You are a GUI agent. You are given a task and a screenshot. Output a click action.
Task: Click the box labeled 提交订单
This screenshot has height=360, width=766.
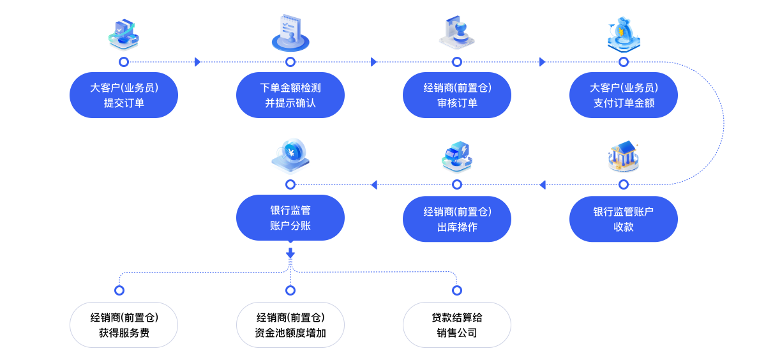(x=124, y=95)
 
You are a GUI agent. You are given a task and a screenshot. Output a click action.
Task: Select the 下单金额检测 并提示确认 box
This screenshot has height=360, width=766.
(x=290, y=95)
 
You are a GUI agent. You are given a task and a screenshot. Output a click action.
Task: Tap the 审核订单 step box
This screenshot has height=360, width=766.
(x=457, y=95)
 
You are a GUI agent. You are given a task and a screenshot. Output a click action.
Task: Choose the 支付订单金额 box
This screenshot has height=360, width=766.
(x=624, y=95)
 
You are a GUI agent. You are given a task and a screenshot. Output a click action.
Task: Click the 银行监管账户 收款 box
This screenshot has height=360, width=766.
(x=624, y=219)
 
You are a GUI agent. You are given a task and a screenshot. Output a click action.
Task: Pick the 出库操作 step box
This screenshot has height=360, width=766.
(x=457, y=219)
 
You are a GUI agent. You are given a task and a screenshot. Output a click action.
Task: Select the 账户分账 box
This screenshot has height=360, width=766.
(x=290, y=218)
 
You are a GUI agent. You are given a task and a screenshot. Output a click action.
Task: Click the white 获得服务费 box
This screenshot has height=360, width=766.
(x=124, y=325)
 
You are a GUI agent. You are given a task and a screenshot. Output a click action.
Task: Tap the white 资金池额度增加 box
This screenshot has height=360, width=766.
(x=290, y=325)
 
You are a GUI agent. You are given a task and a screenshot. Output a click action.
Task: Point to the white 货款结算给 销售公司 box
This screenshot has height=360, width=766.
(x=457, y=325)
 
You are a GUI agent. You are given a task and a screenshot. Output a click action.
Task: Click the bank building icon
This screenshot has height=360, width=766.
(x=624, y=156)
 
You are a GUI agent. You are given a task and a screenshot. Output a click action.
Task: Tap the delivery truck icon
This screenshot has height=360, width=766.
(x=457, y=157)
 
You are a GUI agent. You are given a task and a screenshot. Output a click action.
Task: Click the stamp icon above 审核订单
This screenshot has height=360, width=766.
(x=457, y=33)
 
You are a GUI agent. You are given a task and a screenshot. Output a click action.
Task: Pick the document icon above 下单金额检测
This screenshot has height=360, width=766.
(x=290, y=33)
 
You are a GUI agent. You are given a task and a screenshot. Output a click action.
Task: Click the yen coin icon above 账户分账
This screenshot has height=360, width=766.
(x=290, y=156)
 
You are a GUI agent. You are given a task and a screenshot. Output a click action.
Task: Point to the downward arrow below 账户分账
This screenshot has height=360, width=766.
(x=290, y=254)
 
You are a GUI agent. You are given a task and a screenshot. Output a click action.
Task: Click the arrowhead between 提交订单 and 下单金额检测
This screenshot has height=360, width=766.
(x=198, y=62)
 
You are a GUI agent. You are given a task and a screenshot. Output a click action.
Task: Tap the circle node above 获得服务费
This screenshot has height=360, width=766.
(x=119, y=290)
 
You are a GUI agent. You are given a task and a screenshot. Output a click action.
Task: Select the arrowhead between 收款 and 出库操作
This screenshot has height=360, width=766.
(x=543, y=185)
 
